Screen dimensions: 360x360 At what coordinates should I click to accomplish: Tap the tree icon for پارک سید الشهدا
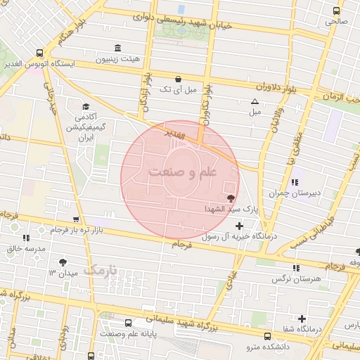231,199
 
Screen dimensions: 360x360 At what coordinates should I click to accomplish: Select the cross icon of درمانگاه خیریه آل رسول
240,226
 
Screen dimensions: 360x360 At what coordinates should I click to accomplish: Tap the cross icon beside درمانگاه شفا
302,318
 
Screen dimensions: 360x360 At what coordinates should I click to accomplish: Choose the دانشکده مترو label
263,347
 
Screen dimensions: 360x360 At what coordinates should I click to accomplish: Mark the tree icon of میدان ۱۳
63,262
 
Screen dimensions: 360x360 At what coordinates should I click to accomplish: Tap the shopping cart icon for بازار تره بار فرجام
76,219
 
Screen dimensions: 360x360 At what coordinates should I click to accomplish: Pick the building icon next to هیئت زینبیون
116,48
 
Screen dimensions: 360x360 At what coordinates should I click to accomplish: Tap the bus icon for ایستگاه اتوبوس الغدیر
39,53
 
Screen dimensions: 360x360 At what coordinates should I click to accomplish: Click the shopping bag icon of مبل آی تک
177,79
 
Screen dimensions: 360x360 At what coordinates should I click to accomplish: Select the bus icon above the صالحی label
336,11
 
